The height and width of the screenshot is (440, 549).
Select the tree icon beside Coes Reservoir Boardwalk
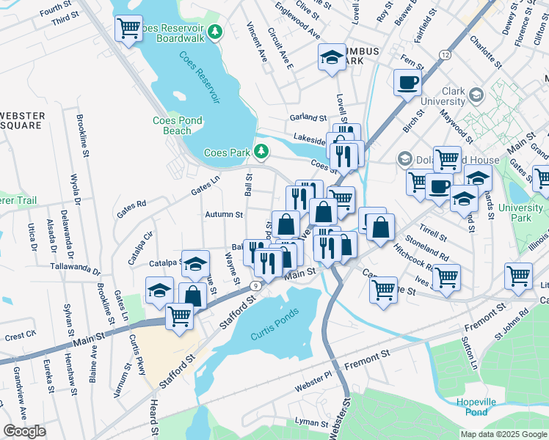click(214, 31)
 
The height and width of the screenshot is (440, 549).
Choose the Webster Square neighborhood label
click(22, 121)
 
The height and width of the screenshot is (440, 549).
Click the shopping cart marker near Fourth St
click(128, 29)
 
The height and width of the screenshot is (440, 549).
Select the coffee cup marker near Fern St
click(407, 82)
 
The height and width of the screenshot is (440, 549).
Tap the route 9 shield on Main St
click(255, 285)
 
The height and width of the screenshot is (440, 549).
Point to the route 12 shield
click(445, 55)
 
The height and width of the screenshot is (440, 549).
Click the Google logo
click(25, 431)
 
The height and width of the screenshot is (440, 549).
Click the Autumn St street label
click(224, 215)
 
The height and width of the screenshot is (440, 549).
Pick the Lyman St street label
click(311, 422)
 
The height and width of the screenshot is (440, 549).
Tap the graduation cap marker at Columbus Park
click(332, 57)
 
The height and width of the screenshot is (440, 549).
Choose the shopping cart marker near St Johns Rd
click(518, 276)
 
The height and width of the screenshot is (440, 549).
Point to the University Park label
click(524, 213)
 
